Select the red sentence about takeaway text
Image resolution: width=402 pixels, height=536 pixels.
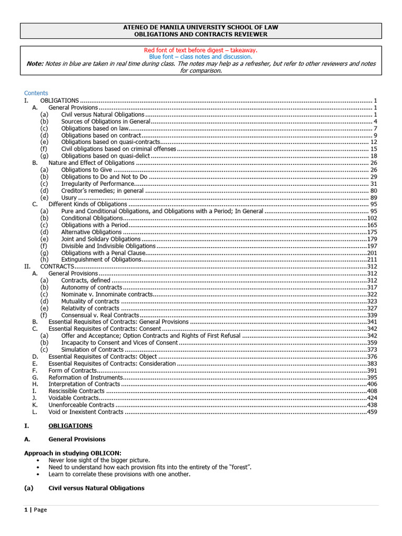(x=201, y=50)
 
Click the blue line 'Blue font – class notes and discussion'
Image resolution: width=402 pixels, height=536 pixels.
(x=201, y=57)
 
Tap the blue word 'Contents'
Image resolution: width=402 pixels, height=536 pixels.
(x=36, y=93)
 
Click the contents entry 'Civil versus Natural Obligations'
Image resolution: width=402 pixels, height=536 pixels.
(x=103, y=114)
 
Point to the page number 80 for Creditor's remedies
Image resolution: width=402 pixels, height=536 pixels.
(x=373, y=191)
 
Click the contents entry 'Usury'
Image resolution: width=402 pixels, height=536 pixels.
(x=69, y=198)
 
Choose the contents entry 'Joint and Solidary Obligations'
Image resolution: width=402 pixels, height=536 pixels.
(x=100, y=239)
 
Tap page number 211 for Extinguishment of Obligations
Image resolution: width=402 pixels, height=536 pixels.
(x=372, y=260)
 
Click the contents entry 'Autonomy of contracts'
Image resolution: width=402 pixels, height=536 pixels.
(x=92, y=287)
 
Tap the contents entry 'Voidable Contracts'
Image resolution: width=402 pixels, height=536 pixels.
(x=73, y=398)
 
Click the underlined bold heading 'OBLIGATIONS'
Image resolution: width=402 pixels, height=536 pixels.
(x=70, y=426)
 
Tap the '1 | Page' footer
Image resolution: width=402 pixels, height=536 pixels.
(x=36, y=510)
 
